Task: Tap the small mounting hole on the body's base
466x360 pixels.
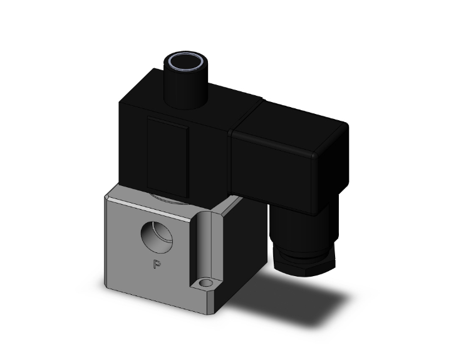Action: click(204, 285)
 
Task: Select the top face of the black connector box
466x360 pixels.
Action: click(294, 122)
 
